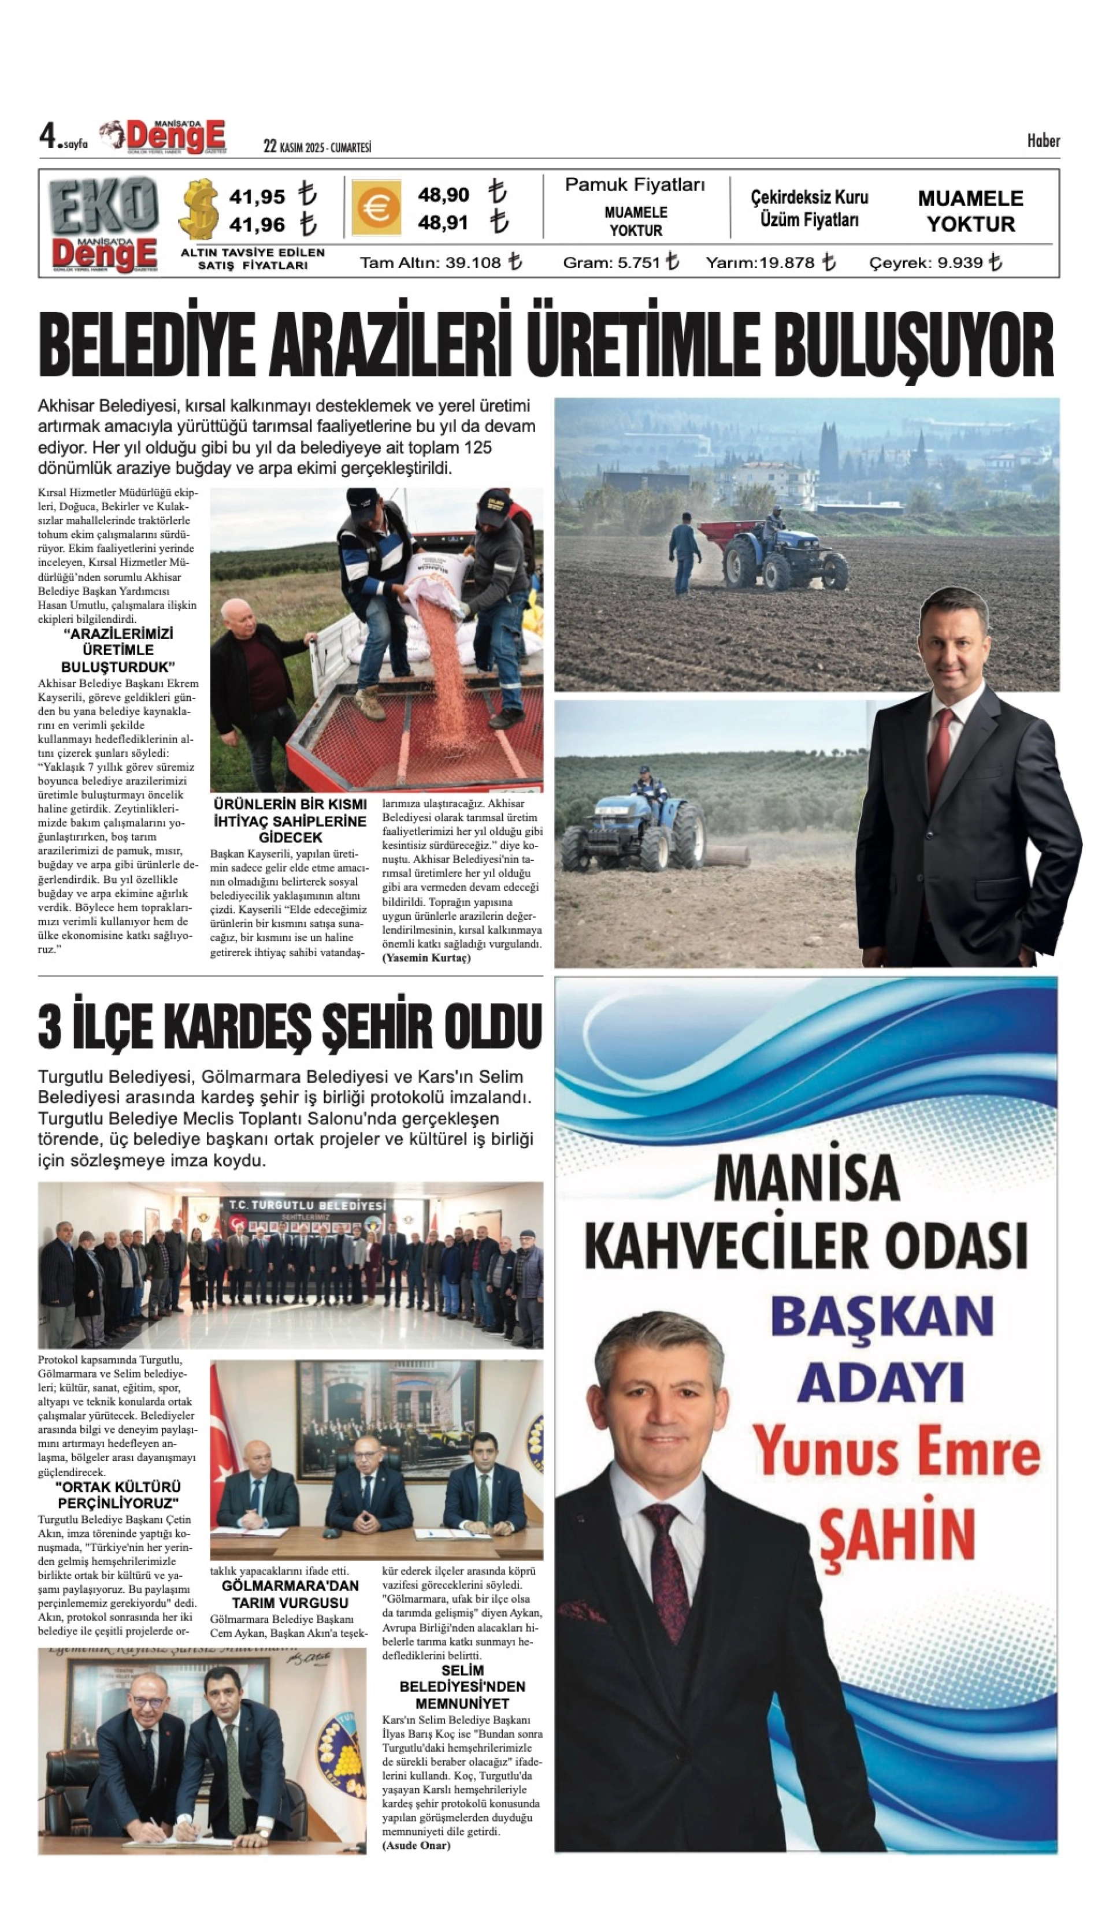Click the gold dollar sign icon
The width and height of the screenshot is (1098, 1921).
(198, 209)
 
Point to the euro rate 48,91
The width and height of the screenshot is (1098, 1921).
(443, 223)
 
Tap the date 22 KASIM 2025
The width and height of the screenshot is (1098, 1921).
(294, 147)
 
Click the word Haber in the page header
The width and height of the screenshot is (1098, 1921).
(1043, 141)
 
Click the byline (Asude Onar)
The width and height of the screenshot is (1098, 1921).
(416, 1840)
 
